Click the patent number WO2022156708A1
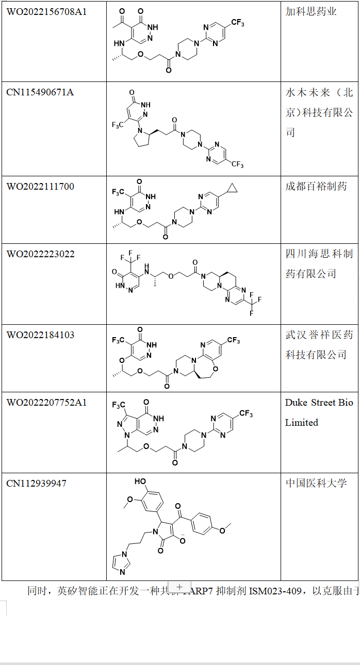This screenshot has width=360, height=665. pos(46,11)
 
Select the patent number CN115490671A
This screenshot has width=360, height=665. pos(40,92)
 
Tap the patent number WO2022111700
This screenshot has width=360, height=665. pos(40,186)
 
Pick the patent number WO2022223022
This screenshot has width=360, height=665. pos(40,254)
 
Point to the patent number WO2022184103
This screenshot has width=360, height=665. pos(40,335)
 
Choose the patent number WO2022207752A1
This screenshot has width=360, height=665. pos(46,402)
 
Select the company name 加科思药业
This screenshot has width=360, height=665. pos(311,11)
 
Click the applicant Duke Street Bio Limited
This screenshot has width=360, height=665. pos(319,412)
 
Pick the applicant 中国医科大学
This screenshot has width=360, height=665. pos(316,483)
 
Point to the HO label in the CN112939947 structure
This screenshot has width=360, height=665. pos(140,481)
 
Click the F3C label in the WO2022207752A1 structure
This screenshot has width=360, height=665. pos(120,405)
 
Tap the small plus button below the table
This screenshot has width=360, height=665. pos(179,587)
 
